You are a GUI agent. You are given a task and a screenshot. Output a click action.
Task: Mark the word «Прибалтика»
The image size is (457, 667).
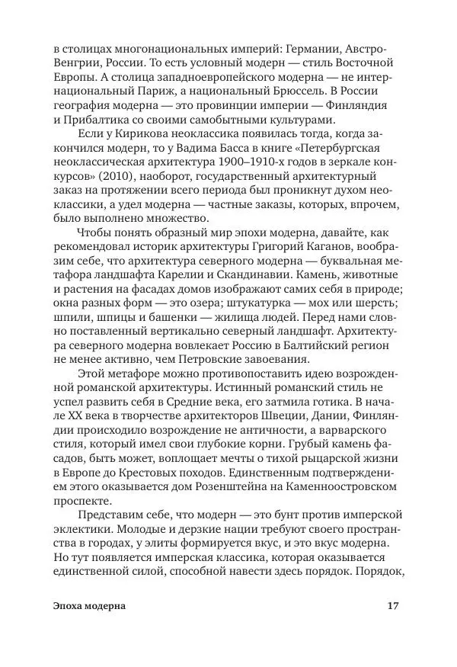click(95, 121)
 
